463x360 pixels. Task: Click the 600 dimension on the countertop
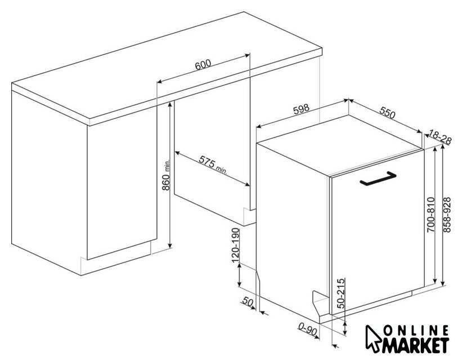pyautogui.click(x=203, y=65)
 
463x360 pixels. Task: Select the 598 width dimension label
pyautogui.click(x=301, y=109)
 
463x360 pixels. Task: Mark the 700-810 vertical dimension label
pyautogui.click(x=431, y=214)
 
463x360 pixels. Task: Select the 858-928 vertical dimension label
pyautogui.click(x=447, y=215)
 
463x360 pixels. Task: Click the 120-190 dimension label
pyautogui.click(x=235, y=245)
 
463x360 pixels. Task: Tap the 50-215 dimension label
pyautogui.click(x=341, y=293)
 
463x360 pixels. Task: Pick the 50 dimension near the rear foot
pyautogui.click(x=248, y=301)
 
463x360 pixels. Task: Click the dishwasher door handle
pyautogui.click(x=378, y=179)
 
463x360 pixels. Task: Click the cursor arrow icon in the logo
pyautogui.click(x=373, y=338)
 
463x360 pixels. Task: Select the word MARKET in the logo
pyautogui.click(x=416, y=345)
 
